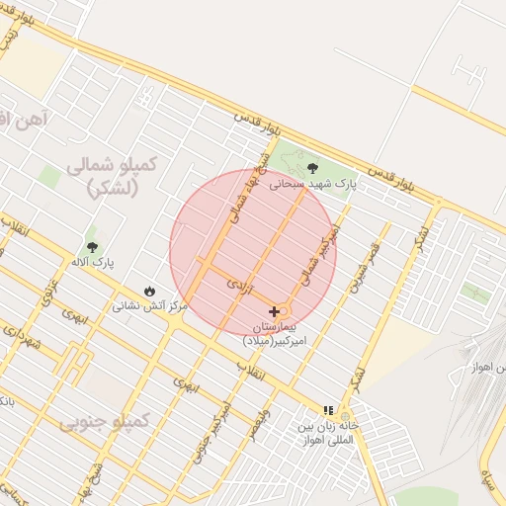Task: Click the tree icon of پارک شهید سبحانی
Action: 313,168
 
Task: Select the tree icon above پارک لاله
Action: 93,247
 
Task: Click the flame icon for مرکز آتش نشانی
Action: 149,292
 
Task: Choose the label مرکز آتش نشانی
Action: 149,306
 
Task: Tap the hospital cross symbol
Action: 274,311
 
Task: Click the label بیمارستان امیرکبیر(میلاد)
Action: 281,333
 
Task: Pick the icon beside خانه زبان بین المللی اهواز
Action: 328,410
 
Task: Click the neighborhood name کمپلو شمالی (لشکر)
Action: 111,176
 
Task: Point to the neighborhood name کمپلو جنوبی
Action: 104,422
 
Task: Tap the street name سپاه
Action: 488,482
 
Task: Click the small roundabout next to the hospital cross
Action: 285,311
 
